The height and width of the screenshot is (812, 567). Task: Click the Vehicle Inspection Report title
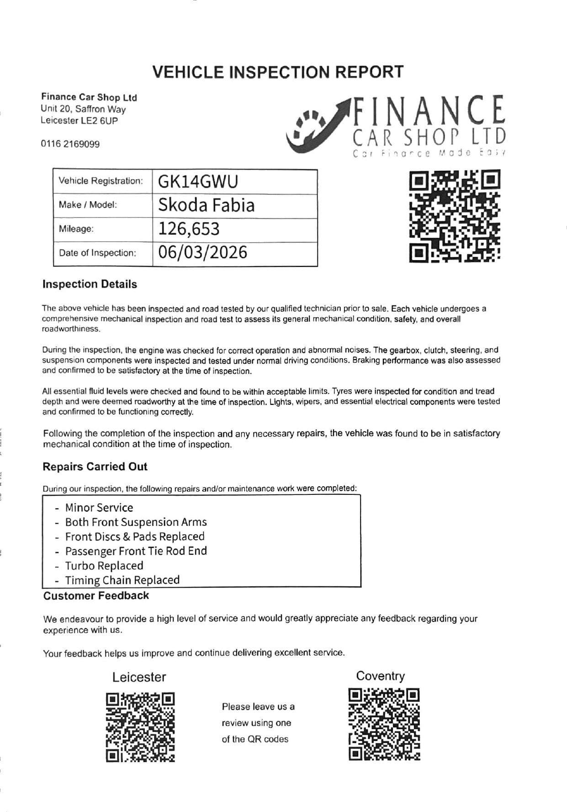point(278,72)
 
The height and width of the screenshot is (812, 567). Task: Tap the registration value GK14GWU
point(198,182)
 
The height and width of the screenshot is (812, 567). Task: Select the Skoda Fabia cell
point(206,206)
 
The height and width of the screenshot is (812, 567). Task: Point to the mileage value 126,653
point(189,229)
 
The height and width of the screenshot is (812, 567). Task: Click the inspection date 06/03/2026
point(202,253)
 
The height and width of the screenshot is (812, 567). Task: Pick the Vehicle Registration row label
point(101,181)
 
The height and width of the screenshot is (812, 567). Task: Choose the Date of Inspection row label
point(97,253)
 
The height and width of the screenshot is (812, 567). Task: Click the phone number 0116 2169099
point(70,144)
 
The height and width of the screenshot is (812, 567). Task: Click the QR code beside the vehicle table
point(454,216)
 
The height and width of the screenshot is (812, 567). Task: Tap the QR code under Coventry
point(384,724)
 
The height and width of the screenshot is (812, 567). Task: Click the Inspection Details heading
point(90,284)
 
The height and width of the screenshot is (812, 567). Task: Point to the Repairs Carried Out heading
point(95,467)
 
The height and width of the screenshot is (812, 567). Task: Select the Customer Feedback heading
point(96,595)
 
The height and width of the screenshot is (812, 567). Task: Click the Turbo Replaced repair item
point(104,566)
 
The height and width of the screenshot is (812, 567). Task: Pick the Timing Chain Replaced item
point(122,580)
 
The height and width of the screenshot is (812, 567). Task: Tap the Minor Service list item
point(99,508)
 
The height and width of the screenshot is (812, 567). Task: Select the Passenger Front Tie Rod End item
point(136,551)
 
